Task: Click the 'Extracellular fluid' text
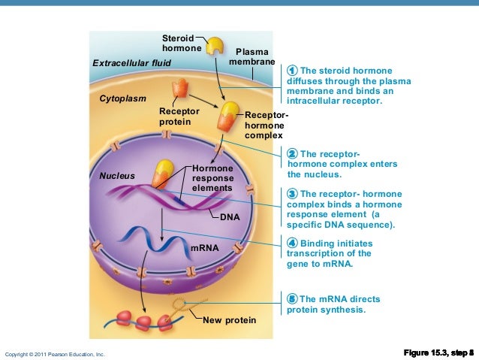(x=131, y=62)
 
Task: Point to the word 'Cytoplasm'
(x=123, y=98)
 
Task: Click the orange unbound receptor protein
(x=179, y=92)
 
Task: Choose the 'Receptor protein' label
(x=179, y=116)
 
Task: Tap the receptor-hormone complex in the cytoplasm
(x=227, y=116)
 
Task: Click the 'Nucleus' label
(x=117, y=176)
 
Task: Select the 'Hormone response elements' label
(x=212, y=178)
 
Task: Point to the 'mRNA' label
(x=204, y=247)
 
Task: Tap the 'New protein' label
(x=230, y=321)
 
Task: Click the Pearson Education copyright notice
(x=55, y=353)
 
